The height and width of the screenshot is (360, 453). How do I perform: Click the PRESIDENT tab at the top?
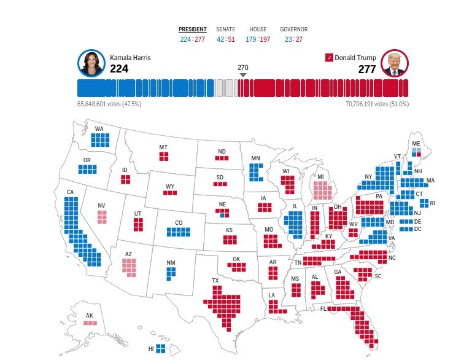point(192,29)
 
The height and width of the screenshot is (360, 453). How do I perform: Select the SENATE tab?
point(225,29)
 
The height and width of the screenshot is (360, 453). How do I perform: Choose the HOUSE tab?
point(258,29)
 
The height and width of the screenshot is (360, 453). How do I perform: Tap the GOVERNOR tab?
point(293,29)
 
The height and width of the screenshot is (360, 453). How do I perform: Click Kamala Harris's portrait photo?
point(91,63)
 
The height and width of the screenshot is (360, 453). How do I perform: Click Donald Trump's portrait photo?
point(395,63)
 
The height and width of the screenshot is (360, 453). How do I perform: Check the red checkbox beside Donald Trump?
point(329,58)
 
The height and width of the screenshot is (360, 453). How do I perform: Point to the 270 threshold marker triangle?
point(243,75)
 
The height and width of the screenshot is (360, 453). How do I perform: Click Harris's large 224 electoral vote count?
point(119,69)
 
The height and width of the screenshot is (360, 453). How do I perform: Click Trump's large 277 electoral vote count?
point(367,69)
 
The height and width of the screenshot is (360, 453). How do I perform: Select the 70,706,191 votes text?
point(377,104)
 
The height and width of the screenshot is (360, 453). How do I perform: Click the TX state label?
point(215,281)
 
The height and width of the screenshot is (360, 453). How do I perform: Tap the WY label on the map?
point(170,186)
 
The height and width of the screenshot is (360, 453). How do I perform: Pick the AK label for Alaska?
point(90,316)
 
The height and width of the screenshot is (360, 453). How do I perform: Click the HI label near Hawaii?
point(151,348)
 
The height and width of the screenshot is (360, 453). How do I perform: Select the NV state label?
point(101,206)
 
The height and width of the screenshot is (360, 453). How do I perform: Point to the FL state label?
point(323,308)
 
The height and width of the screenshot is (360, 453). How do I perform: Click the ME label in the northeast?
point(416,143)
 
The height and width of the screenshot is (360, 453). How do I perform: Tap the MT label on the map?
point(163,147)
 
